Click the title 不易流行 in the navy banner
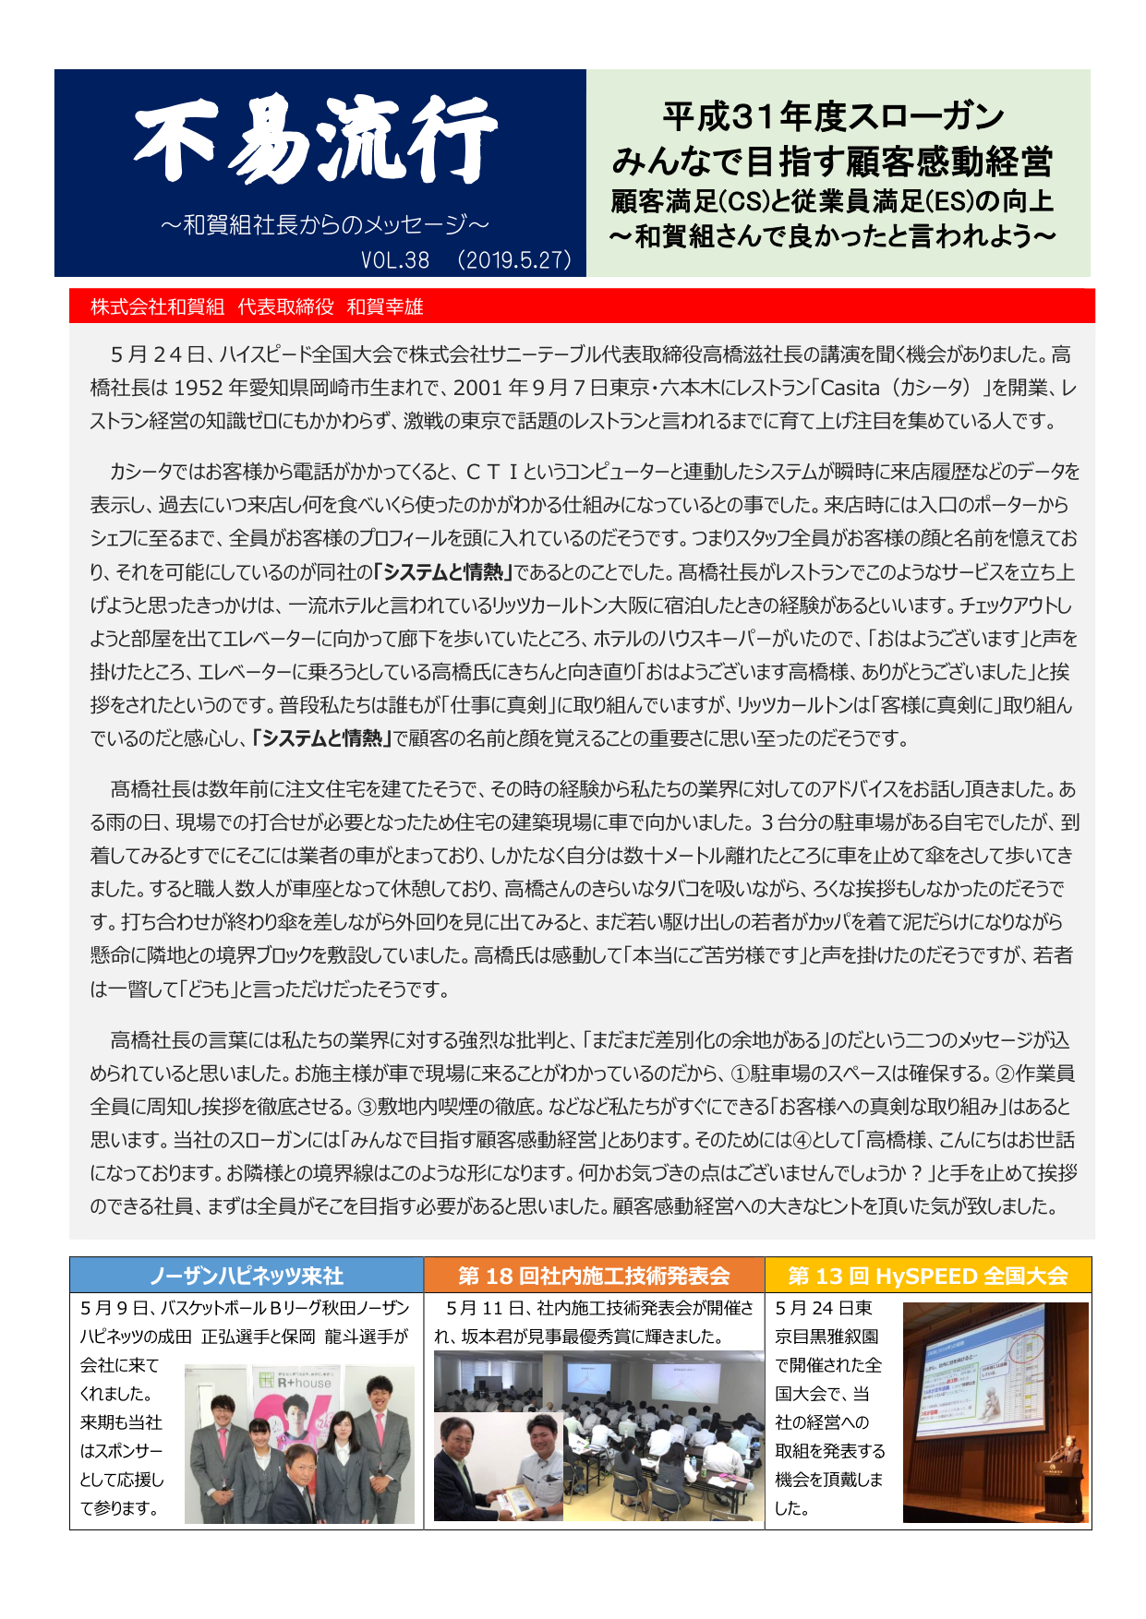pyautogui.click(x=316, y=143)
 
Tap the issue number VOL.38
pyautogui.click(x=395, y=260)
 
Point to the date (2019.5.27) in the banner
pyautogui.click(x=514, y=260)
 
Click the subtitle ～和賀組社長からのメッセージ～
pyautogui.click(x=324, y=224)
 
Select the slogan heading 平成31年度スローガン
pyautogui.click(x=833, y=117)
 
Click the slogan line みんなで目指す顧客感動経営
pyautogui.click(x=832, y=162)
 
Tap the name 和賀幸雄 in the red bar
pyautogui.click(x=385, y=307)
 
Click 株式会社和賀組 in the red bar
pyautogui.click(x=157, y=307)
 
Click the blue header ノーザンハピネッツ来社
pyautogui.click(x=247, y=1276)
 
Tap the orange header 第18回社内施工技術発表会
pyautogui.click(x=594, y=1276)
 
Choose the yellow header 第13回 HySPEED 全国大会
pyautogui.click(x=927, y=1276)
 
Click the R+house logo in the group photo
pyautogui.click(x=304, y=1383)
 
